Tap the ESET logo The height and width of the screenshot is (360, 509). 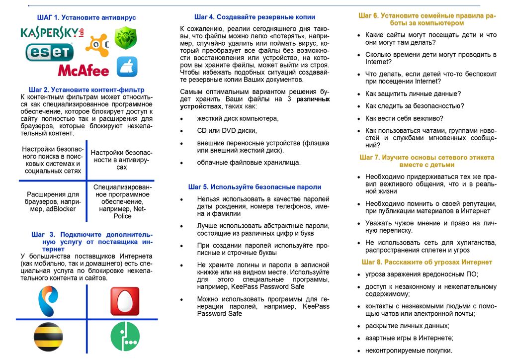(x=49, y=51)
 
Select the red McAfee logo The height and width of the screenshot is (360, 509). (x=83, y=70)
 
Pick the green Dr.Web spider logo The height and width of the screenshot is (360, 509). (x=126, y=38)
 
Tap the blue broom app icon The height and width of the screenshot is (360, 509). (x=127, y=66)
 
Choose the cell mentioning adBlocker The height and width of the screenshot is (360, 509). (x=52, y=201)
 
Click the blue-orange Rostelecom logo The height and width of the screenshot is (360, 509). (x=49, y=300)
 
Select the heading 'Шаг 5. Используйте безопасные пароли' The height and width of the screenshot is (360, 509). (x=254, y=187)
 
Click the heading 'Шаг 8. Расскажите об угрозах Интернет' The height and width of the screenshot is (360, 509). (x=427, y=262)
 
